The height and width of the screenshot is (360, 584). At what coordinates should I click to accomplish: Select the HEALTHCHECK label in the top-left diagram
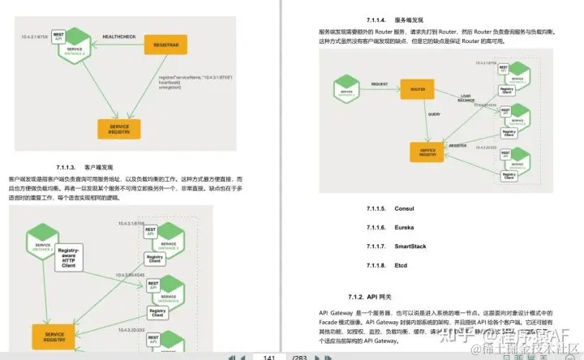click(x=119, y=36)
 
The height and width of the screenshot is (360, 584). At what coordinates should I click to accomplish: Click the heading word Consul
click(x=404, y=208)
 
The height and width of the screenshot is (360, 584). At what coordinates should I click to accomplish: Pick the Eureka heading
click(x=404, y=228)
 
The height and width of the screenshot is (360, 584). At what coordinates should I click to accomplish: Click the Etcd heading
click(x=401, y=266)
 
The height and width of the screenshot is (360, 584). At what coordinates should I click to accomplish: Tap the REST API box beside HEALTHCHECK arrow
click(x=58, y=36)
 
